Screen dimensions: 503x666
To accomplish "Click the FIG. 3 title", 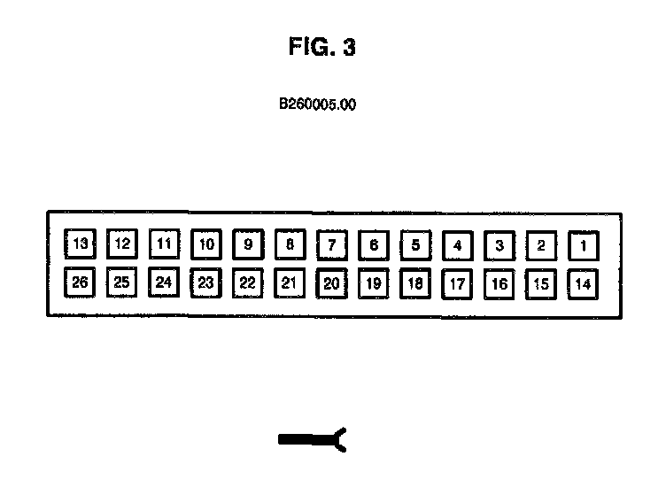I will coord(321,48).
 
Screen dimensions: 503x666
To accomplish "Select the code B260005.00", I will coord(318,104).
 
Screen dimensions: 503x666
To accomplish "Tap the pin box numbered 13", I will coord(80,244).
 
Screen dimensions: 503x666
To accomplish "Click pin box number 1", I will coord(583,245).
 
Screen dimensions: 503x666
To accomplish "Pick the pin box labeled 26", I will coord(80,283).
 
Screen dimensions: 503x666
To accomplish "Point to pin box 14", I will coord(583,284).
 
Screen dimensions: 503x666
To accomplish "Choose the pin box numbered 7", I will coord(331,244).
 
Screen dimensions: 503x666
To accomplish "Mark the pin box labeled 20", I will coord(331,283).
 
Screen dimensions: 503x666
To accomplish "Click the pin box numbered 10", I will coord(205,244).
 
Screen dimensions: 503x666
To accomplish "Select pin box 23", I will coord(205,283).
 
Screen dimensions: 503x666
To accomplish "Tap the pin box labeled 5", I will coord(415,244).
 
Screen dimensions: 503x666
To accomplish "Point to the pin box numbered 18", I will coord(415,283).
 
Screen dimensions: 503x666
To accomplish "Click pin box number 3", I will coord(499,245).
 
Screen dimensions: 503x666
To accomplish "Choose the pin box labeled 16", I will coord(499,284).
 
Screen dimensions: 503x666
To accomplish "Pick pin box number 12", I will coord(122,244).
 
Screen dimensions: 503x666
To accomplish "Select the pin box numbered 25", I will coord(122,283).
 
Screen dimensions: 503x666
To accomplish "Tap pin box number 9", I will coord(248,244).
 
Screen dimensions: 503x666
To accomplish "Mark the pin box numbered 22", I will coord(248,283).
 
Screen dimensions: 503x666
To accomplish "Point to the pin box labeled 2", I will coord(541,245).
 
